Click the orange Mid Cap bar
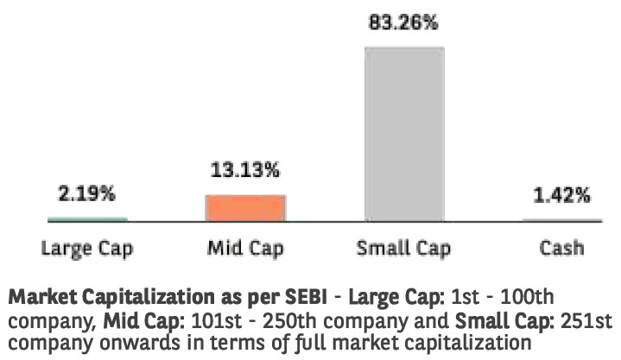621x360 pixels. tap(244, 207)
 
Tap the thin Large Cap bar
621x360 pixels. tap(86, 219)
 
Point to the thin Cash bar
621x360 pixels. tap(561, 220)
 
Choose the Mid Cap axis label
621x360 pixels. tap(245, 249)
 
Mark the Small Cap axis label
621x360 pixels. tap(401, 249)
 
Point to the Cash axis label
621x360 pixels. tap(561, 249)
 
